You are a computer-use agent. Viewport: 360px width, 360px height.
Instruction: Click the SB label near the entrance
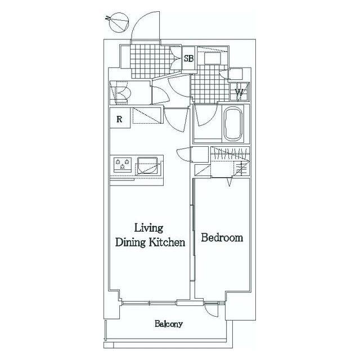(188, 58)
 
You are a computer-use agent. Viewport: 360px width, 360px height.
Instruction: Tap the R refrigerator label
(119, 119)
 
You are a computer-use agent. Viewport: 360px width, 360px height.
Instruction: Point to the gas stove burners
(123, 164)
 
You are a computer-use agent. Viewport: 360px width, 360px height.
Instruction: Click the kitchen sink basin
(147, 166)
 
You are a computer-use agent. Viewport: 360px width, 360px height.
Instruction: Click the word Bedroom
(222, 237)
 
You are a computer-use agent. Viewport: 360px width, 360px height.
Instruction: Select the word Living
(148, 228)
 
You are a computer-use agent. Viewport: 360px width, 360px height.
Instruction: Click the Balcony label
(169, 324)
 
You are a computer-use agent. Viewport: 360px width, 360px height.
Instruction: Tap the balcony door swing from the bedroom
(211, 310)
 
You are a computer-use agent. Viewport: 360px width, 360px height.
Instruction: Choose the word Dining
(130, 242)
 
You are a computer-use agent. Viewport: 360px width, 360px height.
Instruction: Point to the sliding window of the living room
(150, 303)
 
